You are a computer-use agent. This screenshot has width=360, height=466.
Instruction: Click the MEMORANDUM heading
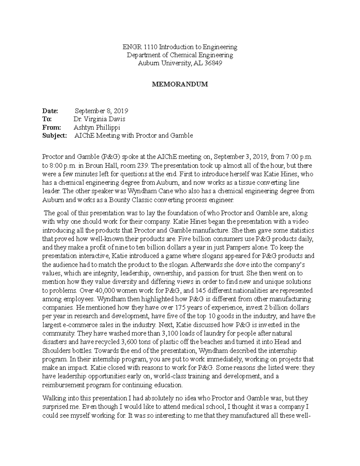pyautogui.click(x=180, y=84)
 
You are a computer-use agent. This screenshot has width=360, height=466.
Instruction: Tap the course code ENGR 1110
pyautogui.click(x=140, y=47)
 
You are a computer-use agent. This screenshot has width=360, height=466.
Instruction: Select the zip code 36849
pyautogui.click(x=213, y=63)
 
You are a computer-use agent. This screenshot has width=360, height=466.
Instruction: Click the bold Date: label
pyautogui.click(x=50, y=111)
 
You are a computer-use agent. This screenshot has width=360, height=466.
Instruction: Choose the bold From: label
pyautogui.click(x=51, y=127)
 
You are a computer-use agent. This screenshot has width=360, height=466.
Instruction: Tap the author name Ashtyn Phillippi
pyautogui.click(x=97, y=127)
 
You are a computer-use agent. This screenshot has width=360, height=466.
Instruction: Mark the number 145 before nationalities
pyautogui.click(x=200, y=290)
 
